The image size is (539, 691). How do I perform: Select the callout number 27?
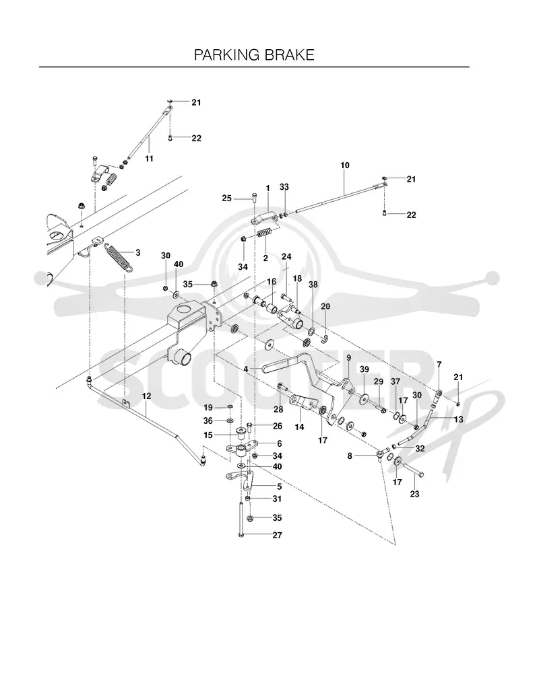tap(277, 535)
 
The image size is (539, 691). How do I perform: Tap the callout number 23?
tap(414, 494)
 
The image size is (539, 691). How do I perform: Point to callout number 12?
tap(147, 396)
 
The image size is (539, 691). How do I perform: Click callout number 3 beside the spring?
tap(138, 252)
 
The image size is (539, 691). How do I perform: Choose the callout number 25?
tap(226, 198)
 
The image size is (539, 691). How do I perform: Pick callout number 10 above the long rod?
tap(345, 166)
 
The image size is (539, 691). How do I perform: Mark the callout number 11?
tap(149, 158)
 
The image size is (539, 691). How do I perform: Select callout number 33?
tap(284, 187)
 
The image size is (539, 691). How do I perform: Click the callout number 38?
tap(313, 285)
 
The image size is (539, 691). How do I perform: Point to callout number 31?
tap(277, 499)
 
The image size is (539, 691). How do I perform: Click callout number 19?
tap(208, 408)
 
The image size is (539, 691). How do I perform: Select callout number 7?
tap(439, 365)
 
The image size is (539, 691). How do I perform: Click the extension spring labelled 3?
tap(119, 258)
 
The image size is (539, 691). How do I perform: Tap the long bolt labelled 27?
tap(241, 519)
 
